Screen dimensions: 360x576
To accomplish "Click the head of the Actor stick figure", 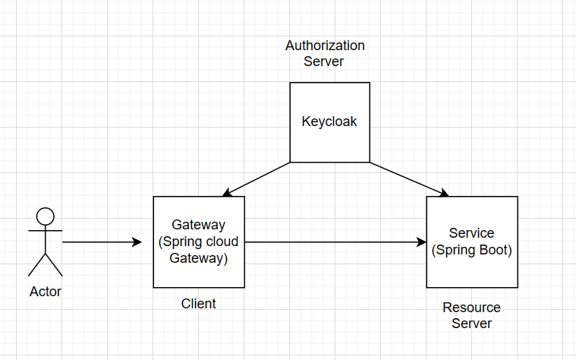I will tap(46, 216).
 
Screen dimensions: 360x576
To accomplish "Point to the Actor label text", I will tap(46, 292).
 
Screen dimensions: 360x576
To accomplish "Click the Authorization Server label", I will tap(325, 53).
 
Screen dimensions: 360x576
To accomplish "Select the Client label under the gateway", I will tap(198, 304).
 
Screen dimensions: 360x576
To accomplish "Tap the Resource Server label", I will tap(471, 315).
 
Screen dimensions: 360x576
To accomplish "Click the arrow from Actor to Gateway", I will tap(99, 242).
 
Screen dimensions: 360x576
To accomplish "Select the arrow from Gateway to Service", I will tap(334, 242).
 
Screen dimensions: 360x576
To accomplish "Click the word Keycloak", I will tap(329, 122).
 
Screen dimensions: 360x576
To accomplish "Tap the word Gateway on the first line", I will tap(198, 225).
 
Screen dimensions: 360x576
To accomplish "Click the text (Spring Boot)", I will tap(471, 250).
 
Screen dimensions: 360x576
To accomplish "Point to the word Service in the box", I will tap(471, 233).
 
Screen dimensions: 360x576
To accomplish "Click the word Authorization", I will tap(325, 46).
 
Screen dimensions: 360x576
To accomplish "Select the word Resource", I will tap(471, 308).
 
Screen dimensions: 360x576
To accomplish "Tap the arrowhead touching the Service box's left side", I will tap(420, 242).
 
